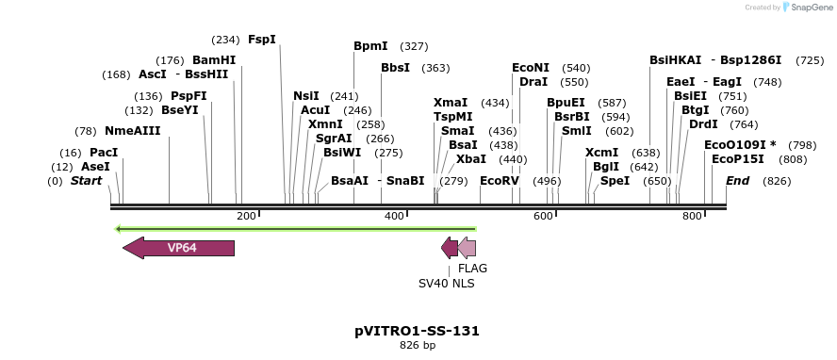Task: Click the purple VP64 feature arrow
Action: tap(179, 248)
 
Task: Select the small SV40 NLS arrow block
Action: tap(450, 248)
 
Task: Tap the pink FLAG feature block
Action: tap(467, 248)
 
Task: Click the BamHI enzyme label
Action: tap(214, 59)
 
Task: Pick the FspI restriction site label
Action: tap(261, 40)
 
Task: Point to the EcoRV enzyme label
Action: tap(500, 180)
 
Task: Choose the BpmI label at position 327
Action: tap(370, 45)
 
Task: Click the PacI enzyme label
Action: tap(104, 153)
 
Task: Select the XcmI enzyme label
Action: tap(601, 153)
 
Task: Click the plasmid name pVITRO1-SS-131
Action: tap(418, 331)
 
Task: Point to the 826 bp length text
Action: tap(418, 346)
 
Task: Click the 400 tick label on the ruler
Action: tap(395, 217)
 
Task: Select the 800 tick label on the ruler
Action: tap(692, 217)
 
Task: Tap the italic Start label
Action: tap(86, 180)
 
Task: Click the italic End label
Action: tap(737, 180)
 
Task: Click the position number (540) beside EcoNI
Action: tap(576, 68)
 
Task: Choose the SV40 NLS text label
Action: tap(447, 282)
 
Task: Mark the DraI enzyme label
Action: tap(533, 82)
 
